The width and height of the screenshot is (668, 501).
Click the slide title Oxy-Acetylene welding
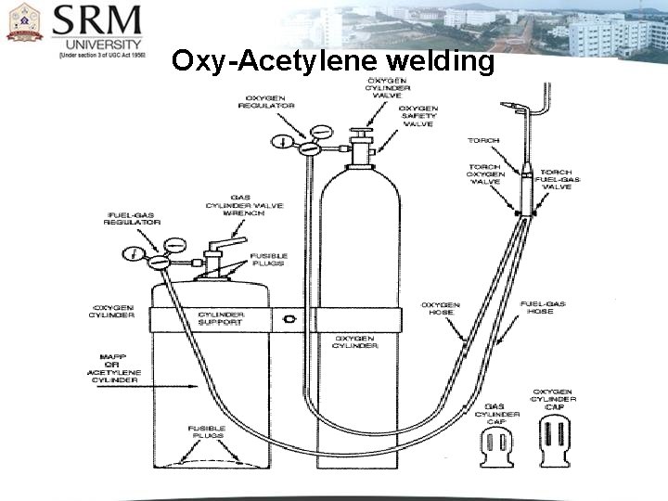333,61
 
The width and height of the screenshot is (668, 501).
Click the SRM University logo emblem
25,22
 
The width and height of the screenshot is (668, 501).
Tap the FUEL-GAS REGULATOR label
132,218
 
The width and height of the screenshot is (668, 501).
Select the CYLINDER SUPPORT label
221,318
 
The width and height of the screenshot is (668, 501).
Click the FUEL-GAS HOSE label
543,308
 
